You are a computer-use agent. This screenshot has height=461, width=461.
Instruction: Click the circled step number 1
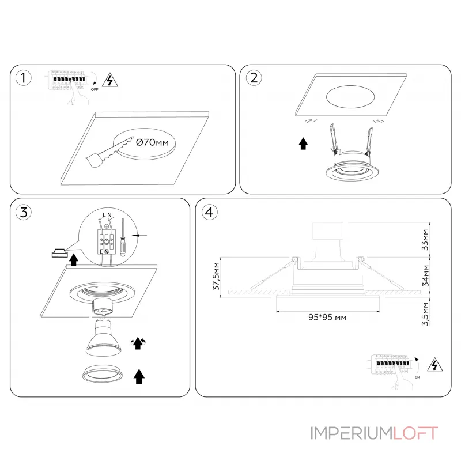point(23,78)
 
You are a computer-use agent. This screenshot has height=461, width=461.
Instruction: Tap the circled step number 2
point(254,78)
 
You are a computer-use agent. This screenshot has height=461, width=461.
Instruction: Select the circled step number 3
point(24,212)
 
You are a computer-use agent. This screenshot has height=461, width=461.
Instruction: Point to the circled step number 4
point(209,212)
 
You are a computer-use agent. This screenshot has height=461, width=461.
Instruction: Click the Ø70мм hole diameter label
point(152,142)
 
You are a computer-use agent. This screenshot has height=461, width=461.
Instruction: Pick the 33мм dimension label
point(425,240)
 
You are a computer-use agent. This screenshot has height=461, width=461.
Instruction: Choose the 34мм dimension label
point(425,275)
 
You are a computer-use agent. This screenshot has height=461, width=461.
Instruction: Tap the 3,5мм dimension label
point(425,314)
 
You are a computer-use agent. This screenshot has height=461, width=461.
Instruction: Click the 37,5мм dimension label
point(216,276)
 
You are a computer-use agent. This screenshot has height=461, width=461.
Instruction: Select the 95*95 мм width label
point(327,318)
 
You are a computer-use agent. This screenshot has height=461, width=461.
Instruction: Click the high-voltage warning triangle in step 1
point(110,80)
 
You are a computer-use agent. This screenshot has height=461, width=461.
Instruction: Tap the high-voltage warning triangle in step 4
point(435,365)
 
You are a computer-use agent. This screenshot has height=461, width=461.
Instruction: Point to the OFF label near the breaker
point(95,90)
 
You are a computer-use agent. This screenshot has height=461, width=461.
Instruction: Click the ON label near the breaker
point(417,377)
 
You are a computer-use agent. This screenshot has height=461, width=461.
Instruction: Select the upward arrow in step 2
point(303,143)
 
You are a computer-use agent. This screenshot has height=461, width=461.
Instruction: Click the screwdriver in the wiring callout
point(123,238)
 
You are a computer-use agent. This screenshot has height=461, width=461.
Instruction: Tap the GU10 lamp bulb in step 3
point(103,338)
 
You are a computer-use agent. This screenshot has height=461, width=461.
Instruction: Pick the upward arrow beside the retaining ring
point(139,377)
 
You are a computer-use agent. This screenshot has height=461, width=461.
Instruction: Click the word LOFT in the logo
point(415,433)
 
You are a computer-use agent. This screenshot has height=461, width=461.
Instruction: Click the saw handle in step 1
point(95,160)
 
